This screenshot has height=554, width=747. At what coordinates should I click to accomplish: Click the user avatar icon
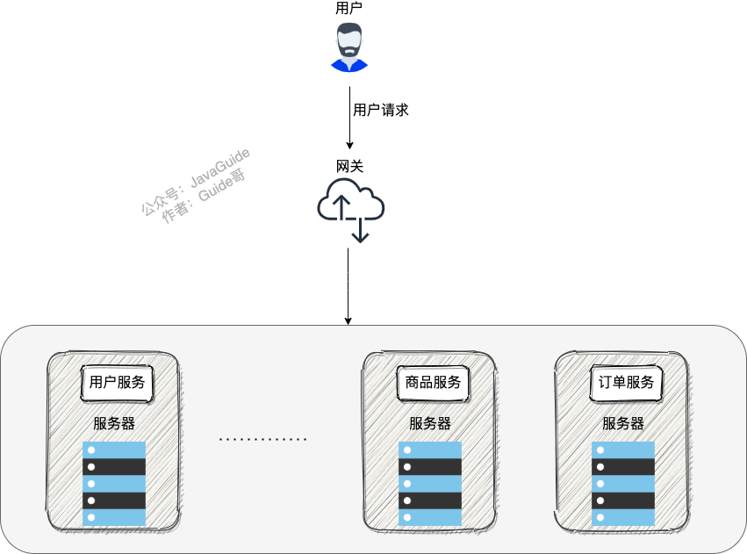(349, 47)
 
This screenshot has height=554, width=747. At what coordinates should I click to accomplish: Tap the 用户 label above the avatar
(348, 8)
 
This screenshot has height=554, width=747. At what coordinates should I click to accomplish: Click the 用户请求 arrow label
(380, 111)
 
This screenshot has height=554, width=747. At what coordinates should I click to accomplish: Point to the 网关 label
(349, 166)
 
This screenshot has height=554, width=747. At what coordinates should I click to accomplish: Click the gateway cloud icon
(349, 205)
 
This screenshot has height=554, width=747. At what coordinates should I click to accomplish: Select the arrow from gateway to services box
(348, 286)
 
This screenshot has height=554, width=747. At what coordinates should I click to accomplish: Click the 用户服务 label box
(117, 383)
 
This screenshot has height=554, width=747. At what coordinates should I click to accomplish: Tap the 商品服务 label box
(433, 383)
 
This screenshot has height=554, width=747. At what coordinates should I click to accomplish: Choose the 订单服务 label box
(626, 383)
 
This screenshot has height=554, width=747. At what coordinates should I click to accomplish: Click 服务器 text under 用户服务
(114, 423)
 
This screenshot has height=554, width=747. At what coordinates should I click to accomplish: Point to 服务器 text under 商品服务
(430, 423)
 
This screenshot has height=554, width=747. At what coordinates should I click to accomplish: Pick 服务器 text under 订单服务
(623, 423)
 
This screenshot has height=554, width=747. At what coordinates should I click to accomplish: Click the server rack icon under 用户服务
(114, 484)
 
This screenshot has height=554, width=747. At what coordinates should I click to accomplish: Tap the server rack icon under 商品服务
(430, 484)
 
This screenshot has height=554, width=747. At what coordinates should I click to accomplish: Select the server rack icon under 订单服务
(623, 484)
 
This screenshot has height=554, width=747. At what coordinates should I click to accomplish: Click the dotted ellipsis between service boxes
(262, 438)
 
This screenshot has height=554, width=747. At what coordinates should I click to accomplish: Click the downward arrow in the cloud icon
(360, 230)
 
